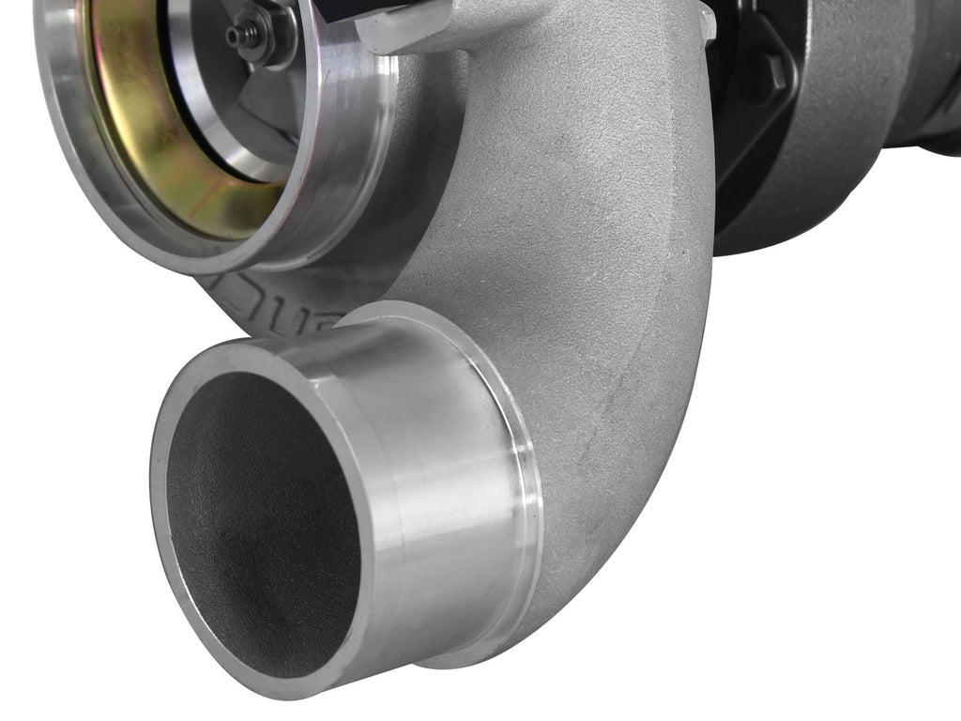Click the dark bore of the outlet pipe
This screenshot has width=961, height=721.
pyautogui.click(x=263, y=526)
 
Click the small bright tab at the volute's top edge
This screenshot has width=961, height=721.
pyautogui.click(x=706, y=23)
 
